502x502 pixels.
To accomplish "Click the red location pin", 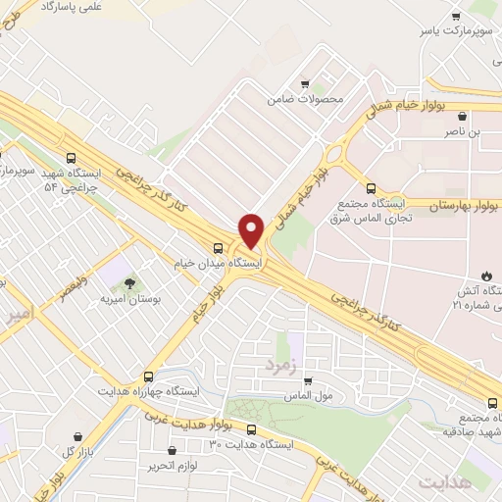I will (252, 230).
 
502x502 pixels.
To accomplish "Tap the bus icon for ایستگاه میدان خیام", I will (219, 246).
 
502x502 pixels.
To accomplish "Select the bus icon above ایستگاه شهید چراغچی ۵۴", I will (70, 157).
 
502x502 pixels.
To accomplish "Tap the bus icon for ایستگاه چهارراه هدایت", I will (148, 376).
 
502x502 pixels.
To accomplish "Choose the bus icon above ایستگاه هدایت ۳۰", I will (252, 429).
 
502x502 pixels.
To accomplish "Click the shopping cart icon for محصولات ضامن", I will (306, 84).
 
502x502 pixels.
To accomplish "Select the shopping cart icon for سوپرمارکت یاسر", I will (456, 17).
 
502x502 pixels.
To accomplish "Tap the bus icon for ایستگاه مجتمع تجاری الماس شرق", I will (370, 188).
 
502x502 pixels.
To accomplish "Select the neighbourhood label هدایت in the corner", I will (445, 482).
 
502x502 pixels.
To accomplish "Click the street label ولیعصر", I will (72, 290).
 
